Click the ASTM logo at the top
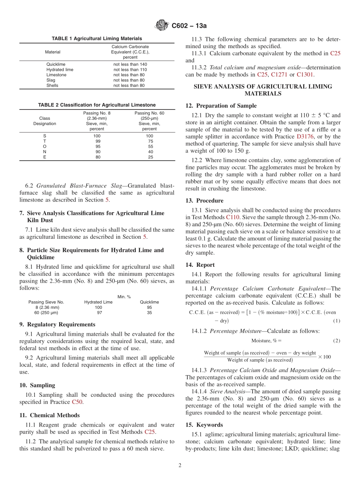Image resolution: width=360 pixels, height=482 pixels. [162, 26]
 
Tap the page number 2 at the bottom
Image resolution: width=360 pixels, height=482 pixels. [180, 465]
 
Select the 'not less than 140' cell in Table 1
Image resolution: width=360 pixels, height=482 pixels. [130, 64]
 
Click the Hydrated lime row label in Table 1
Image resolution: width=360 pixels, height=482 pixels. [60, 70]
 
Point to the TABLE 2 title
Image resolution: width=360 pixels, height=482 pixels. [97, 105]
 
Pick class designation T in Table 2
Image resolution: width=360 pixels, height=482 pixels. [45, 141]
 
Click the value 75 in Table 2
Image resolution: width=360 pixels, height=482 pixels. [150, 141]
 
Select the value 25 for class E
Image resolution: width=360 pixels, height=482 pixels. [150, 157]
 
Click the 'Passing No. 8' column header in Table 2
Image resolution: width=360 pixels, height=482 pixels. [97, 113]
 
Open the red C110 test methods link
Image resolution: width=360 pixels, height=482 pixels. [233, 217]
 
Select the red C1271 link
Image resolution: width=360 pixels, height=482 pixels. [279, 75]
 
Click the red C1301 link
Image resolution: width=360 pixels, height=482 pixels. [305, 75]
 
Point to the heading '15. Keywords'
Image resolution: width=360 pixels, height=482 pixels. [204, 425]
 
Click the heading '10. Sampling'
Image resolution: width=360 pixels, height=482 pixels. [37, 385]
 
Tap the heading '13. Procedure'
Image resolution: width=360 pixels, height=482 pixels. [204, 200]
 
